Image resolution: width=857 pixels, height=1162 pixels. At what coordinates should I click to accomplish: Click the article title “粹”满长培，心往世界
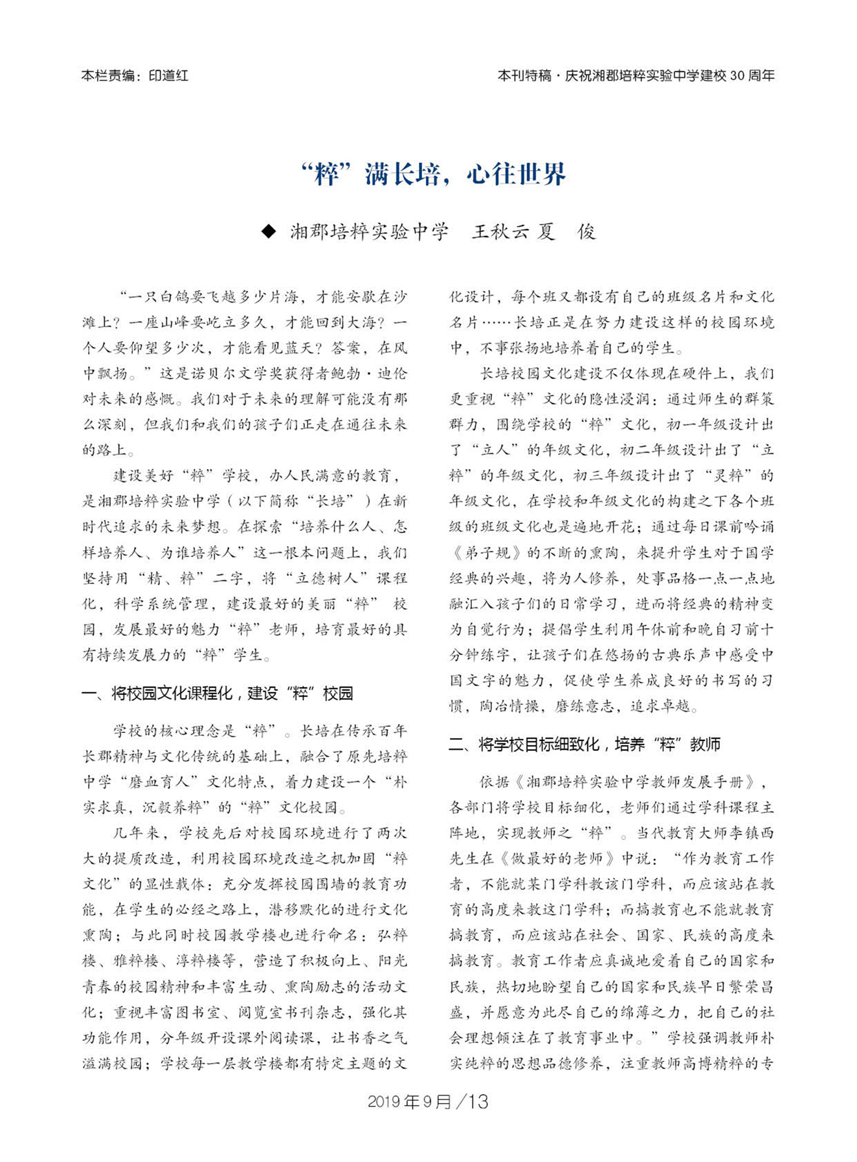coord(434,174)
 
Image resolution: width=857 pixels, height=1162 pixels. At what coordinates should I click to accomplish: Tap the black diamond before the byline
coord(268,232)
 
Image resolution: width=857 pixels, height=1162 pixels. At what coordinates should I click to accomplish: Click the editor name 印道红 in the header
coord(168,75)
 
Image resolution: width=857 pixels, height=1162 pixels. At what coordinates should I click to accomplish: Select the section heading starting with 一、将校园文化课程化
coord(218,694)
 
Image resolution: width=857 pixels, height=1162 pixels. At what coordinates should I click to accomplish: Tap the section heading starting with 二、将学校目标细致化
coord(584,744)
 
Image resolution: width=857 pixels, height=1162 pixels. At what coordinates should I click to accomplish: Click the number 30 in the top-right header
coord(737,75)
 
